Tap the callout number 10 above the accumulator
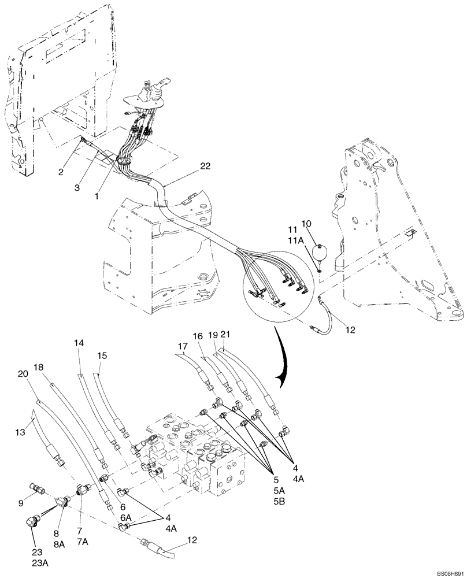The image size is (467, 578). click(323, 224)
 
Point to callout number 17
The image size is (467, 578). click(183, 347)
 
